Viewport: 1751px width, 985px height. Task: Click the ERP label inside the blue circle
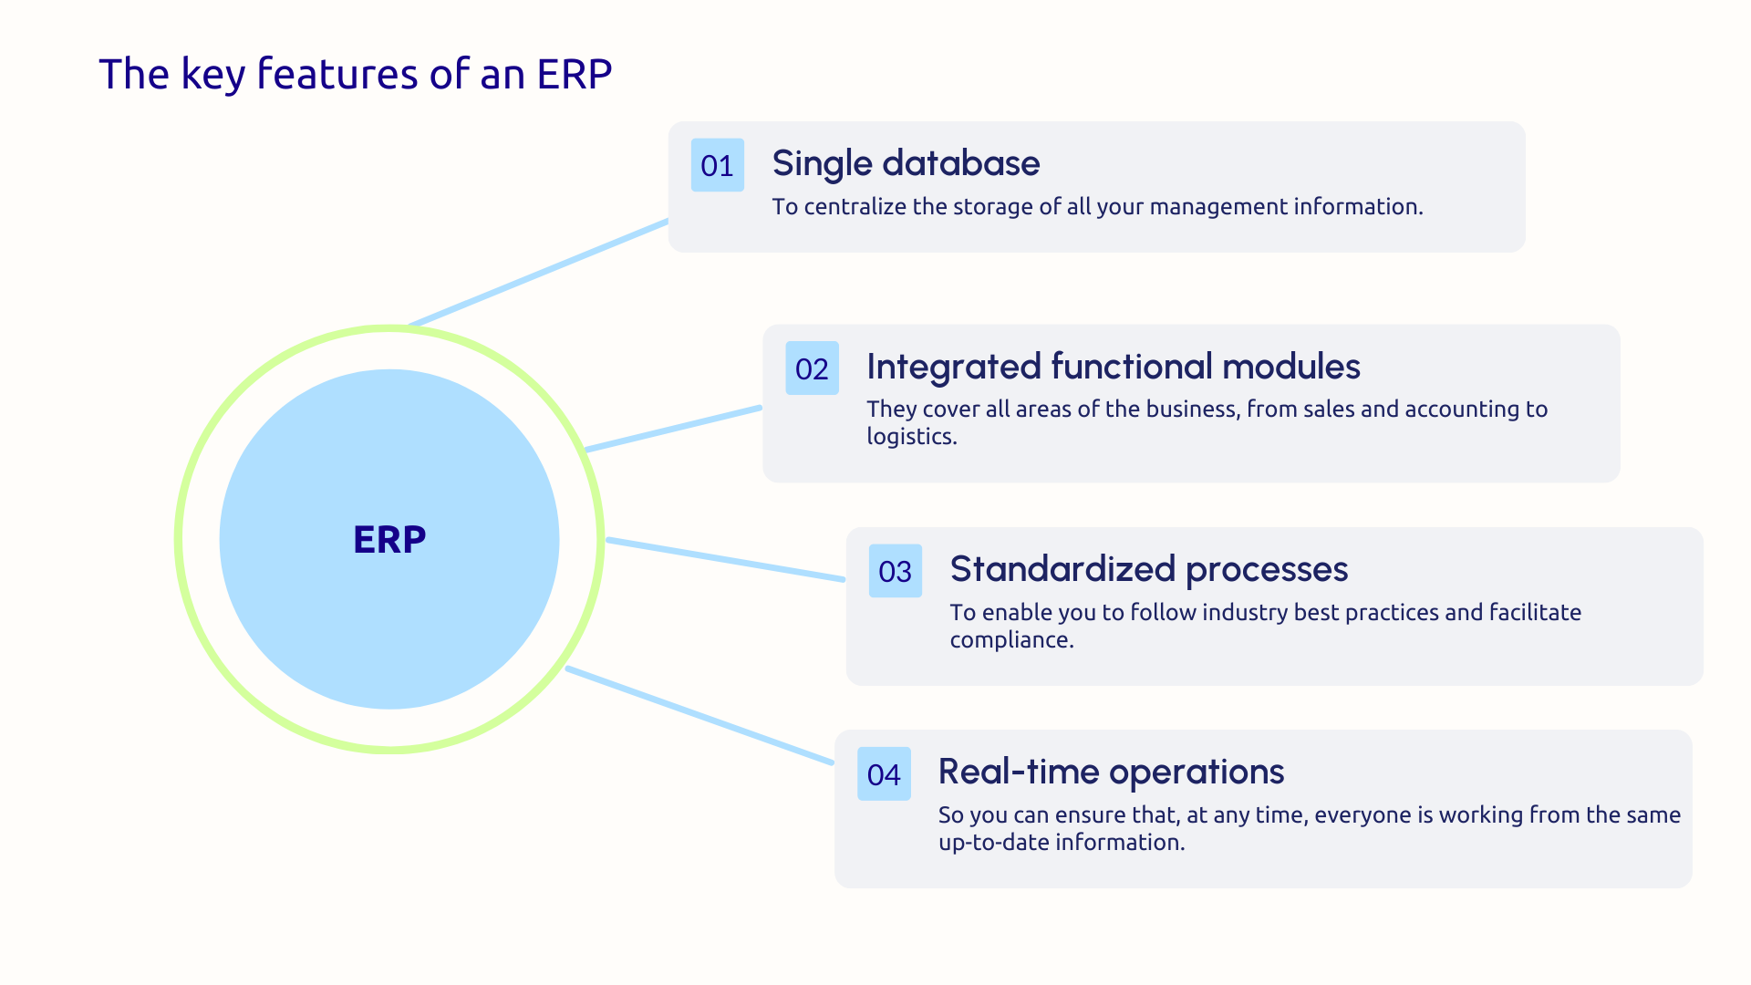pyautogui.click(x=389, y=539)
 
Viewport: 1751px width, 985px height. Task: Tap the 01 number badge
pyautogui.click(x=717, y=165)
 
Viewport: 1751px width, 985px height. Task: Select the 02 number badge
pyautogui.click(x=812, y=368)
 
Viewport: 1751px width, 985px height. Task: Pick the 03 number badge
pyautogui.click(x=895, y=571)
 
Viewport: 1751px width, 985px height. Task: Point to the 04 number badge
pyautogui.click(x=884, y=774)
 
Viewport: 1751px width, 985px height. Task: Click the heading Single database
pyautogui.click(x=906, y=163)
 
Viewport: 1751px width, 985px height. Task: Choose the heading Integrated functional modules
pyautogui.click(x=1113, y=367)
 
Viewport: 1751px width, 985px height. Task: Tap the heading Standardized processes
pyautogui.click(x=1148, y=569)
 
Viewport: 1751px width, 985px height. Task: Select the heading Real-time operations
pyautogui.click(x=1111, y=772)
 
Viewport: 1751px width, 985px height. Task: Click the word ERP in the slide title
pyautogui.click(x=574, y=74)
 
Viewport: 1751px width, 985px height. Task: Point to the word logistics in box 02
pyautogui.click(x=910, y=437)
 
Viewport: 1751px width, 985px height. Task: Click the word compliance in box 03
pyautogui.click(x=1010, y=640)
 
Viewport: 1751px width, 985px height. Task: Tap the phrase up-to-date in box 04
pyautogui.click(x=994, y=843)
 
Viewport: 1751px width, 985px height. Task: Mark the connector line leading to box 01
pyautogui.click(x=538, y=273)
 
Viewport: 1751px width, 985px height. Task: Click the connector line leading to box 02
pyautogui.click(x=673, y=429)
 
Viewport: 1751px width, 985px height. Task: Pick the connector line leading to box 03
pyautogui.click(x=725, y=559)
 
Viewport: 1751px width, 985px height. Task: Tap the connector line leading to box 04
pyautogui.click(x=699, y=716)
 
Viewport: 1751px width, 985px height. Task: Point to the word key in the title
pyautogui.click(x=212, y=74)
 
